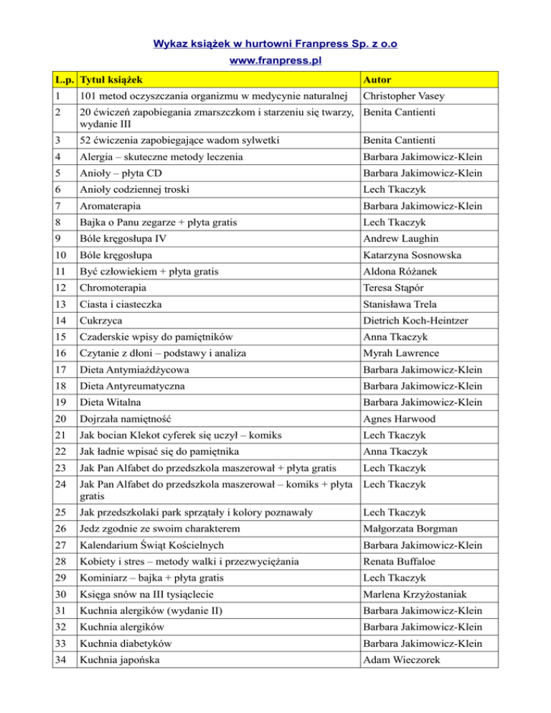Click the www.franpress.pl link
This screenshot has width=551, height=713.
(x=275, y=61)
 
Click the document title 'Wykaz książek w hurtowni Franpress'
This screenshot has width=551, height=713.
(x=275, y=44)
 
